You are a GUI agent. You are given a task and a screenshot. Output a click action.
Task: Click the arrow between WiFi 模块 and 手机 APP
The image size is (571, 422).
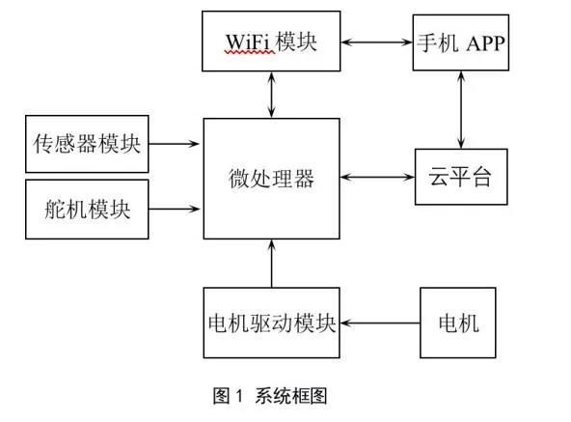376,42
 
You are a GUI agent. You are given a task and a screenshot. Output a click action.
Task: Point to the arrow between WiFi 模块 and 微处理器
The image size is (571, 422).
271,95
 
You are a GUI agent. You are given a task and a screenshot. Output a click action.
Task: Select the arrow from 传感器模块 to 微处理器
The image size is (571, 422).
174,144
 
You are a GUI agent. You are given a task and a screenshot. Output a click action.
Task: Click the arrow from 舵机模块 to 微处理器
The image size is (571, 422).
174,209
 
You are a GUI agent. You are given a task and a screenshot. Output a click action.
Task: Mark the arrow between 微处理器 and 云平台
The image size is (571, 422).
378,178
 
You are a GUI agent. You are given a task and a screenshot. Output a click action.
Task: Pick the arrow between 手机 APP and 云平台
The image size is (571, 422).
461,109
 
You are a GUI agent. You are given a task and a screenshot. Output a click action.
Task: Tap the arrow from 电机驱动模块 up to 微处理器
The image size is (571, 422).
272,264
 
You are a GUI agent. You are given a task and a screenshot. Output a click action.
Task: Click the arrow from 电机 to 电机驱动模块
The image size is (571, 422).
380,323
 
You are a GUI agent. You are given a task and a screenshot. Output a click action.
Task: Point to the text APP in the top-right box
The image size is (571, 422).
485,43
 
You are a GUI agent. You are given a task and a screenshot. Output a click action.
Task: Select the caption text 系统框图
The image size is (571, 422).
290,396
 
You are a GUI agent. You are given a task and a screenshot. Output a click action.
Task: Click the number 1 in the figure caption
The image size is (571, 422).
239,396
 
